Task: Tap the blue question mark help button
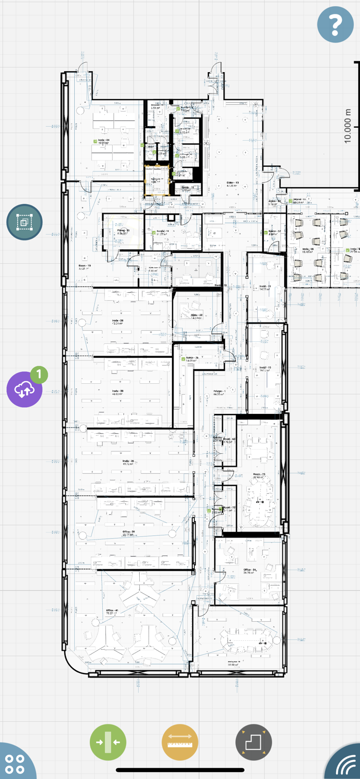[x=336, y=24]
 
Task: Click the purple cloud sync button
[x=24, y=389]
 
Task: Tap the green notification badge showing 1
[x=39, y=374]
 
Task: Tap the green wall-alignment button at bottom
[x=108, y=742]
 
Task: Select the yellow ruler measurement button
[x=180, y=742]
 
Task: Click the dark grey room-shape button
[x=254, y=742]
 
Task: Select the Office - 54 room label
[x=250, y=570]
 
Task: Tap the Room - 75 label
[x=259, y=475]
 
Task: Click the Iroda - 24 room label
[x=103, y=140]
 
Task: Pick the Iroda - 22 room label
[x=196, y=315]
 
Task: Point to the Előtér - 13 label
[x=232, y=183]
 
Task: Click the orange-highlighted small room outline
[x=156, y=180]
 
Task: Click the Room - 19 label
[x=85, y=265]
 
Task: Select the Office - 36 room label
[x=129, y=532]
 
